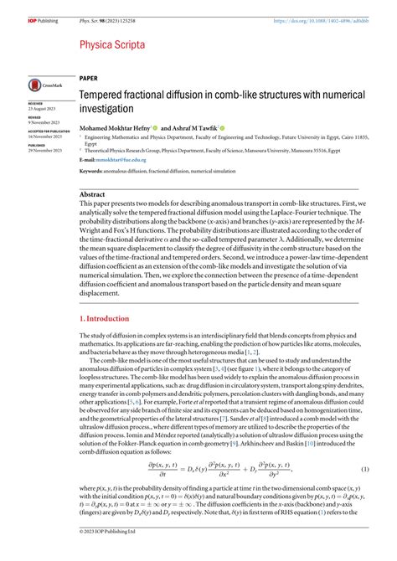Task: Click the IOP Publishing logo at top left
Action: click(42, 8)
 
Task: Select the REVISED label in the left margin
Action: click(35, 119)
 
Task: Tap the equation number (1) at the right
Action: click(366, 468)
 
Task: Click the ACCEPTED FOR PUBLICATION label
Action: click(48, 131)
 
